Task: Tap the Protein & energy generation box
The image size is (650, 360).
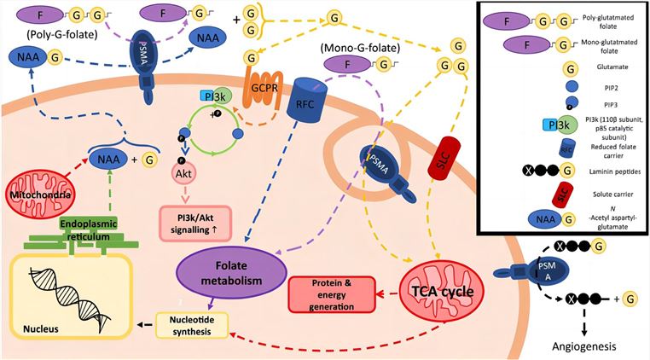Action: point(334,287)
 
